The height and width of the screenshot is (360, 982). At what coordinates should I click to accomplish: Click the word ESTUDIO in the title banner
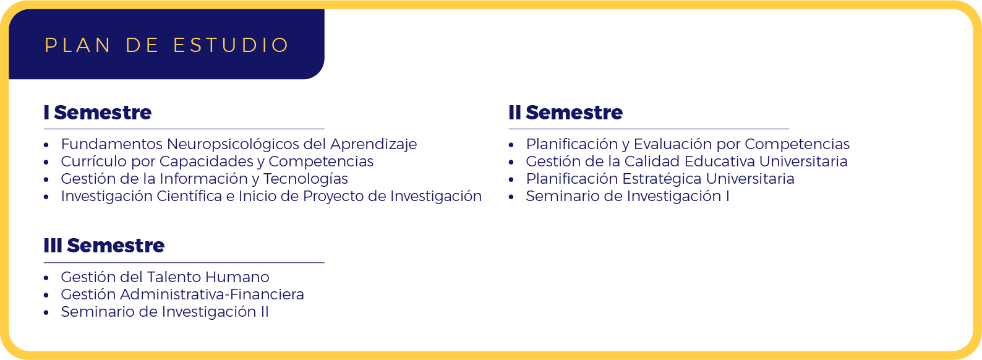231,45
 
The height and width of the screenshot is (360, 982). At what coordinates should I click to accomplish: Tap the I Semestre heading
97,113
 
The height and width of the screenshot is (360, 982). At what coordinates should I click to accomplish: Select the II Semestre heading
566,113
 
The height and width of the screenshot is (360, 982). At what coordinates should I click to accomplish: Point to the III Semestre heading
104,246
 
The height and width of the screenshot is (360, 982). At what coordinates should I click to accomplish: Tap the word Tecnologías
305,179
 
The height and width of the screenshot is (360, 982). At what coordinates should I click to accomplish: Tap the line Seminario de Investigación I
627,197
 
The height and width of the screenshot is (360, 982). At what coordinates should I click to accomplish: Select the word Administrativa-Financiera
211,294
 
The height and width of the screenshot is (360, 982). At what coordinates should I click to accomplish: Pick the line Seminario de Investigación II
165,312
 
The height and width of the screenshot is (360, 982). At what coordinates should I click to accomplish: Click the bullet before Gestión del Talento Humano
46,278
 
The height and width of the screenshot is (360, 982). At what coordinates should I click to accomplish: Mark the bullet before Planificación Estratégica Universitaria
511,180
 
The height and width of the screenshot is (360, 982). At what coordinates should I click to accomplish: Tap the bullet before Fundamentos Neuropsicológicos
46,145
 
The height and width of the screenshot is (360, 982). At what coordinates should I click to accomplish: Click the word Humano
237,277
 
